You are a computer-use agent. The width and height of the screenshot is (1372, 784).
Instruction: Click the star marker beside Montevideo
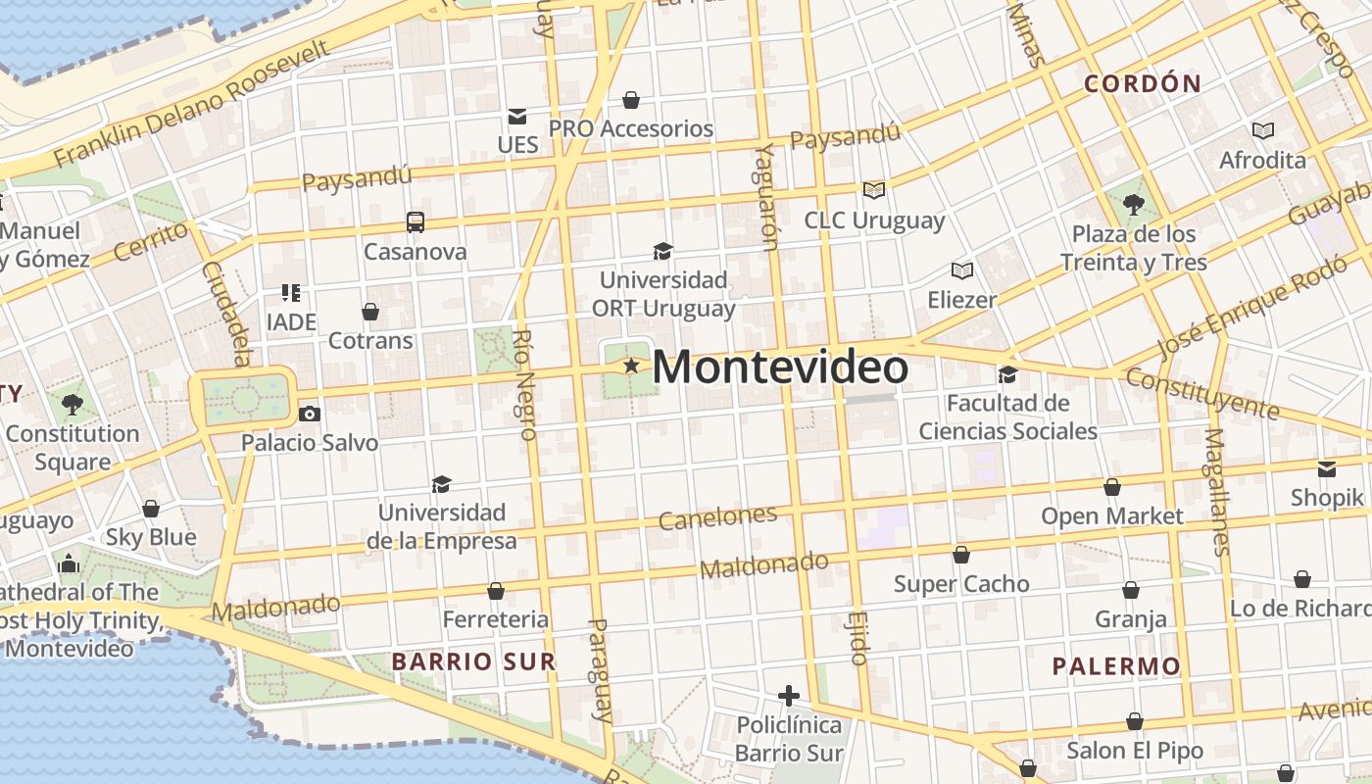pos(631,367)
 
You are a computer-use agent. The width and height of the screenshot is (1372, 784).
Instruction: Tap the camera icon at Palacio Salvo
pos(310,415)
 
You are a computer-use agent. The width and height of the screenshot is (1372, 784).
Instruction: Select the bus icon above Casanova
pos(416,222)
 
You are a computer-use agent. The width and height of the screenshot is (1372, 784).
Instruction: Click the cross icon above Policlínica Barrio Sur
pos(789,697)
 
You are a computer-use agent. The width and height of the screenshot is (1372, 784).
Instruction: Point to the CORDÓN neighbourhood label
pos(1143,84)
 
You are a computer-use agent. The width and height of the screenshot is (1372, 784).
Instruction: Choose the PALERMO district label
pos(1116,667)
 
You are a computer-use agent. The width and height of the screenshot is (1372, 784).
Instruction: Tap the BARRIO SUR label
pos(474,661)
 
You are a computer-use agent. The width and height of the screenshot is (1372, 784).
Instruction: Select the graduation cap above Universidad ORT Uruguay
pos(663,252)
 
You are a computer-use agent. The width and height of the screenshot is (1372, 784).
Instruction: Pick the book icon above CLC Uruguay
pos(873,190)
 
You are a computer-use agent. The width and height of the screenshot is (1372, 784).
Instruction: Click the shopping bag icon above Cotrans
pos(370,313)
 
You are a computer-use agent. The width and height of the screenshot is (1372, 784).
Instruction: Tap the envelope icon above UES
pos(516,117)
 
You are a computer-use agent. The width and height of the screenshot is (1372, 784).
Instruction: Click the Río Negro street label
pos(524,384)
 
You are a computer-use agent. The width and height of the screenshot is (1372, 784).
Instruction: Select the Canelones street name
pos(717,516)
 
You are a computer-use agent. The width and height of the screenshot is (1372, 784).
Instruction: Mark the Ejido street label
pos(859,638)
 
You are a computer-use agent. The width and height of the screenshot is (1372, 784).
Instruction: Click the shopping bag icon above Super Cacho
pos(961,556)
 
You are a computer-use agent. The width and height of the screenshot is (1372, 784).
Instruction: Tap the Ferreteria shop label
pos(496,619)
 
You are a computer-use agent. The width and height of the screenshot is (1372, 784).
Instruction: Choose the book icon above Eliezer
pos(962,270)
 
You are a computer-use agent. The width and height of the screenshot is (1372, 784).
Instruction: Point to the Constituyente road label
pos(1201,393)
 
